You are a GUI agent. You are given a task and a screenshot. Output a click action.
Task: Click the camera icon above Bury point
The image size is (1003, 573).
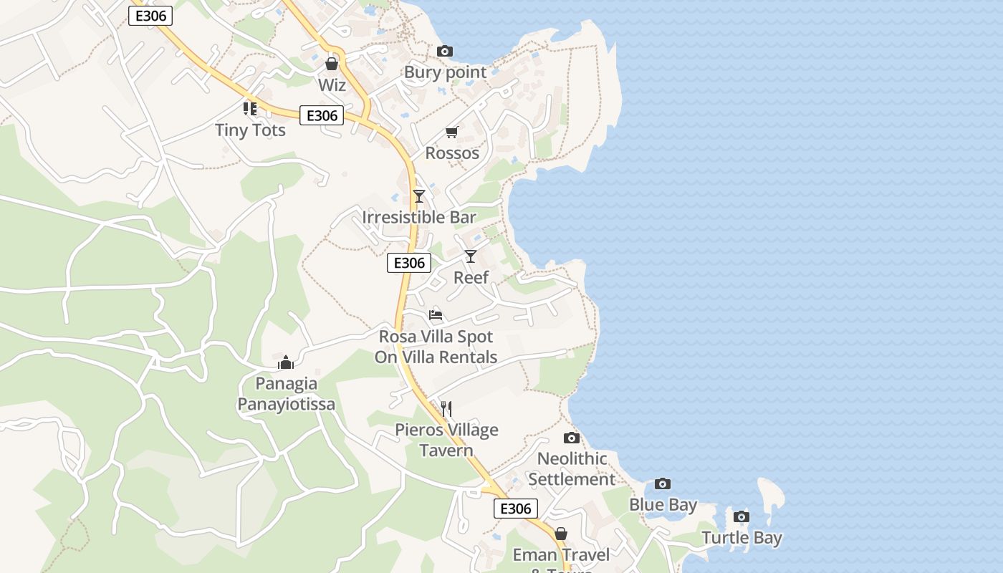pos(445,52)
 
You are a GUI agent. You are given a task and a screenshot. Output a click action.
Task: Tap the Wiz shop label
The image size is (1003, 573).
pos(332,85)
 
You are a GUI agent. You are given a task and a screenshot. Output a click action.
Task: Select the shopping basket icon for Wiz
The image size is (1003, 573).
pos(331,64)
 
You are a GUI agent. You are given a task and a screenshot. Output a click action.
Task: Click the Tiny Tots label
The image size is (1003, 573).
pos(250,130)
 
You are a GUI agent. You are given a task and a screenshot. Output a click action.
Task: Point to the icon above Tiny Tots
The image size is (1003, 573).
pos(249,109)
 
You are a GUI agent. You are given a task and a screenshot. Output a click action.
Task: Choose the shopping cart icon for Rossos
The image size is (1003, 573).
pos(451,132)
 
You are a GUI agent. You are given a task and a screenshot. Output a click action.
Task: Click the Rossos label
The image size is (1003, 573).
pos(452,153)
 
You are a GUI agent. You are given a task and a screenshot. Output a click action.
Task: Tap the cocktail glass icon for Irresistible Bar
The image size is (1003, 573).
pos(419,196)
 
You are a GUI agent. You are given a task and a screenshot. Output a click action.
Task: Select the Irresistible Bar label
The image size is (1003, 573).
pos(419,217)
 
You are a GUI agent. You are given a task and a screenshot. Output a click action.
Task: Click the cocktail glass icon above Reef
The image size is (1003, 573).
pos(471,256)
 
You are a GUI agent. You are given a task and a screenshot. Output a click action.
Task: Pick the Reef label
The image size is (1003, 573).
pos(471,277)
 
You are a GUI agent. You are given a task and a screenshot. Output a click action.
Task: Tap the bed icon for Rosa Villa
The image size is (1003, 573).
pos(436,315)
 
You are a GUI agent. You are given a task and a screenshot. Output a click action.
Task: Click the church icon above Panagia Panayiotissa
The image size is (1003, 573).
pos(286,362)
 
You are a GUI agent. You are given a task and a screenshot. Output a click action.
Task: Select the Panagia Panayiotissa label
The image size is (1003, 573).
pos(286,393)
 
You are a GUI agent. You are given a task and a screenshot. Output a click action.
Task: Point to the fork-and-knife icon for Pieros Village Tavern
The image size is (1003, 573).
pos(446,409)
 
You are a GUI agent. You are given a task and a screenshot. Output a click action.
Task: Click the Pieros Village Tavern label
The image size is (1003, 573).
pos(447,440)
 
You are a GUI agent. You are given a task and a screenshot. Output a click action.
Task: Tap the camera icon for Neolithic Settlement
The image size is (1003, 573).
pos(571,438)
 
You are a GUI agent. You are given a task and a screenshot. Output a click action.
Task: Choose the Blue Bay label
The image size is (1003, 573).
pos(663,505)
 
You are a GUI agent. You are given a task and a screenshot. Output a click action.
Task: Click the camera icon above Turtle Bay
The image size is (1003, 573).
pos(742,517)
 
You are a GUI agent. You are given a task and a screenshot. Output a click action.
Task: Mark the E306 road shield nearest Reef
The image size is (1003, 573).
pos(410,263)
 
